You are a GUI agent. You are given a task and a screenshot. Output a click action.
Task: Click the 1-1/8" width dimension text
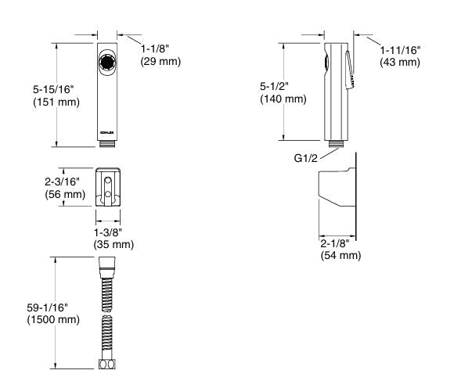click(x=155, y=49)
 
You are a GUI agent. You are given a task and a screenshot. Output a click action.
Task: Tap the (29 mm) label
click(x=160, y=61)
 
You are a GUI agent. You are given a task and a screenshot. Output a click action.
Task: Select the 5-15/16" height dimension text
click(x=53, y=89)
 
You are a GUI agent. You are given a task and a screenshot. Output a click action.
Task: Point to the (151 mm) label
click(x=56, y=102)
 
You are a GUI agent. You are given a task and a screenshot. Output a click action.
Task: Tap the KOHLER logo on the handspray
click(x=107, y=133)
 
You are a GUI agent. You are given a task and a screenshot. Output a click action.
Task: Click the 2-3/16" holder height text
click(x=62, y=182)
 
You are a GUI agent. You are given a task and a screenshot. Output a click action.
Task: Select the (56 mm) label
click(x=65, y=194)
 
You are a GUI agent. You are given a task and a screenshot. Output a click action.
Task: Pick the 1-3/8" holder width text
click(x=108, y=232)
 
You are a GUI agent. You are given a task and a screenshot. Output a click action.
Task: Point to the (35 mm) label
click(x=113, y=244)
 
